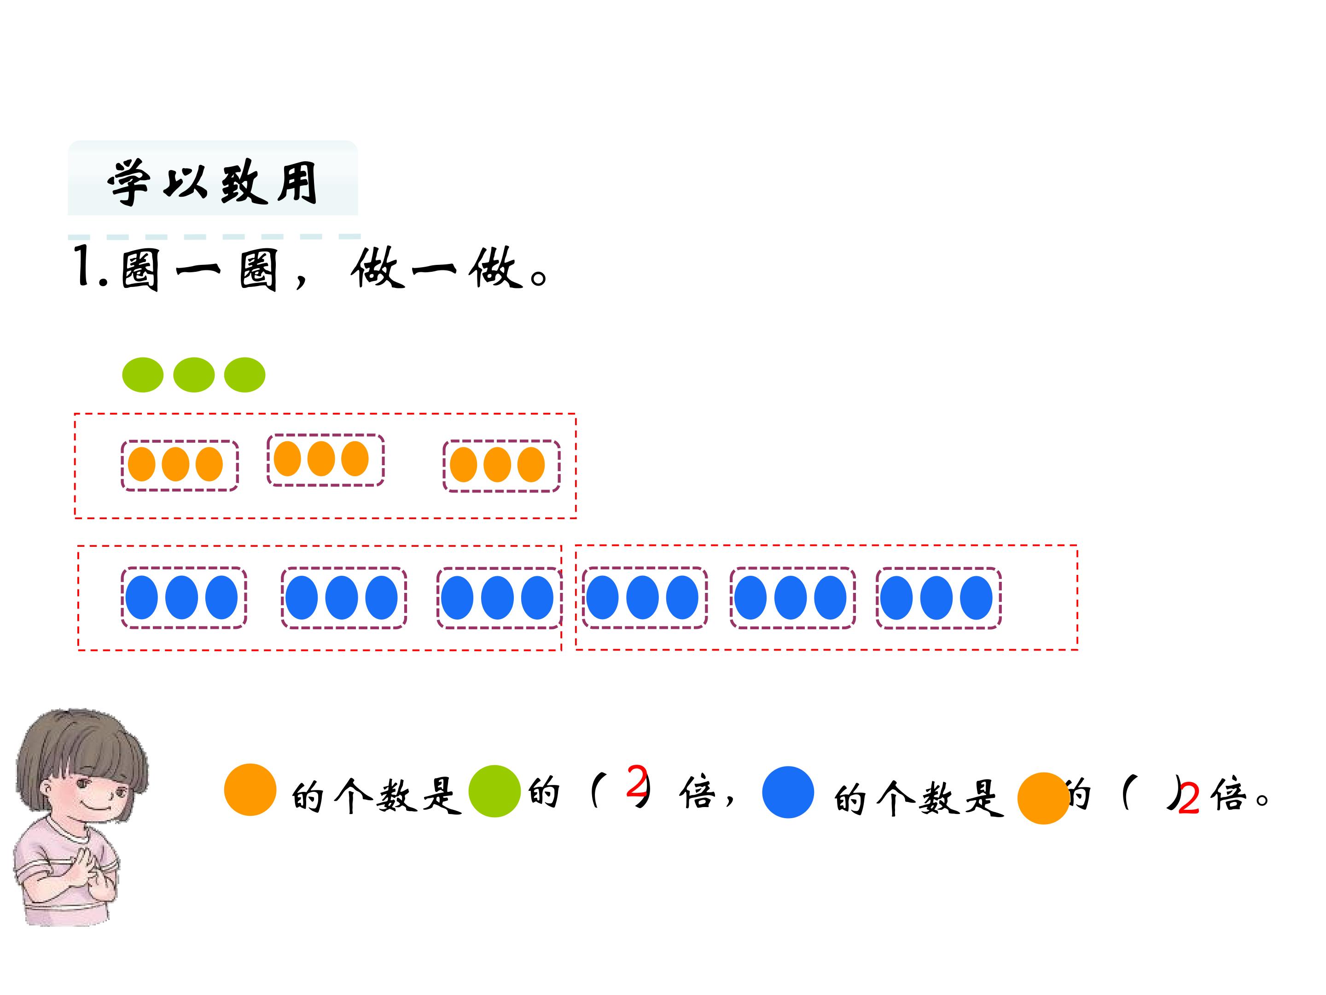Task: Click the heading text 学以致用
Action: pos(213,182)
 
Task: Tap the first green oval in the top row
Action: pos(143,375)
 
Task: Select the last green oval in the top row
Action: pos(244,375)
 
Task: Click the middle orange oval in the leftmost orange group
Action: pos(175,464)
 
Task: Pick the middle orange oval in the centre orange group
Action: pos(321,459)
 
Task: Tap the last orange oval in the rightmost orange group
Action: pos(530,465)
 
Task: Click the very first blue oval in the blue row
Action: pos(141,597)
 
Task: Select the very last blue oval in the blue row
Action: pos(976,598)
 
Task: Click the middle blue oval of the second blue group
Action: pos(341,597)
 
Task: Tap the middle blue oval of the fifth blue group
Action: pos(790,598)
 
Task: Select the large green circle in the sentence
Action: pos(494,791)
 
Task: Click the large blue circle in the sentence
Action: pos(788,792)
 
